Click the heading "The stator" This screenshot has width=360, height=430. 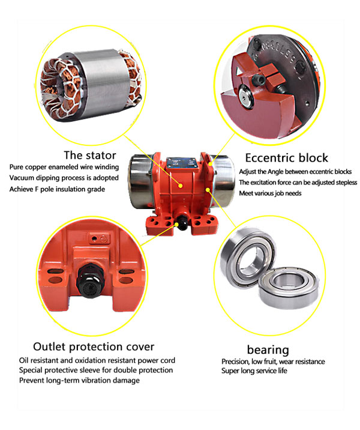pyautogui.click(x=90, y=155)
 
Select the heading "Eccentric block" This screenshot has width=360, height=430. pyautogui.click(x=287, y=158)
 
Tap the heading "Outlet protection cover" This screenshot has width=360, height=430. pyautogui.click(x=94, y=347)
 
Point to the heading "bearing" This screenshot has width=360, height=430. pyautogui.click(x=268, y=350)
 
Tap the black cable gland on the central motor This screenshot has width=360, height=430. pyautogui.click(x=182, y=222)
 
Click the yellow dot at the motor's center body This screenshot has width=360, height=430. pyautogui.click(x=180, y=186)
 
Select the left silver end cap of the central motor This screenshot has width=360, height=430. pyautogui.click(x=140, y=181)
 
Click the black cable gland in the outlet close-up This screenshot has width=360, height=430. pyautogui.click(x=91, y=282)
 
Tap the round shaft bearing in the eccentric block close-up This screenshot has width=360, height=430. pyautogui.click(x=246, y=97)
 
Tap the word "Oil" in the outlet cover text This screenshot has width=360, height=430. pyautogui.click(x=23, y=360)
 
